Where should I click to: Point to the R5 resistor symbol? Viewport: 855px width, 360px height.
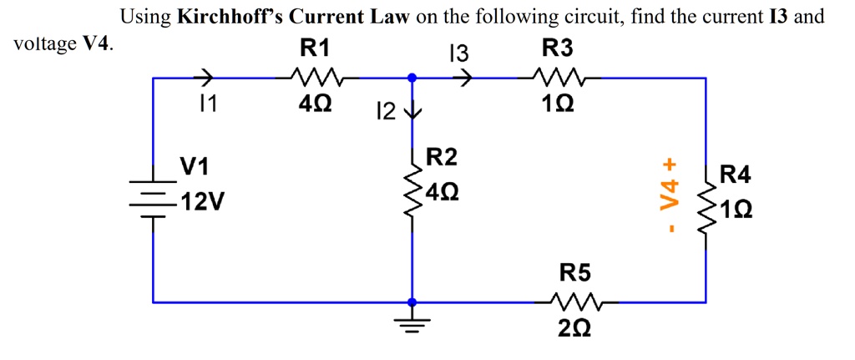click(x=574, y=301)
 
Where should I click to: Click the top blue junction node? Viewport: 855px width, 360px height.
click(x=411, y=78)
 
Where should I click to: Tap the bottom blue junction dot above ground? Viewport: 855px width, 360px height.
click(x=411, y=302)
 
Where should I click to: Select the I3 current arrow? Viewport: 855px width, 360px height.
click(x=463, y=78)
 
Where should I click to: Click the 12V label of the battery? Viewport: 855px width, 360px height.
click(x=200, y=202)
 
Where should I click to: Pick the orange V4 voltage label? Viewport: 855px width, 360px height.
click(x=667, y=199)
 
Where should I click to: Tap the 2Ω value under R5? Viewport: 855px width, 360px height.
click(x=574, y=330)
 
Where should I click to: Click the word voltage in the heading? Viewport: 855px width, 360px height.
click(x=44, y=43)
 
